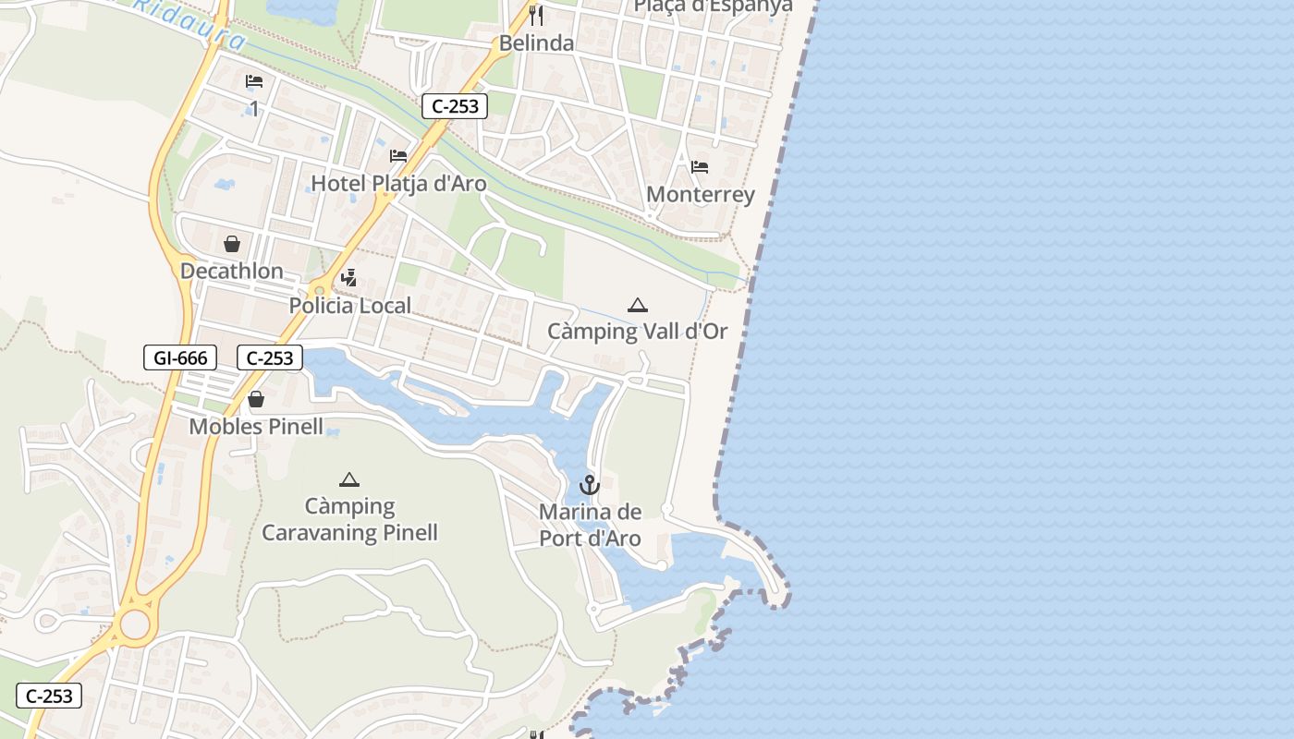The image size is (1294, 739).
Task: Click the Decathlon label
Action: (x=232, y=271)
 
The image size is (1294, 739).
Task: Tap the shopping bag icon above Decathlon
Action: (x=232, y=244)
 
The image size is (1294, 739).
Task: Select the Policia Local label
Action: (x=349, y=306)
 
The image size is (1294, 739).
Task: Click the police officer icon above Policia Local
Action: (x=349, y=277)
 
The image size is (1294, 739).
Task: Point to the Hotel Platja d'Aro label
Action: (x=398, y=183)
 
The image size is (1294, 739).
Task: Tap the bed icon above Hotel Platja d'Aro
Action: (x=398, y=155)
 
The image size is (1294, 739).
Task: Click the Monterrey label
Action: (x=701, y=194)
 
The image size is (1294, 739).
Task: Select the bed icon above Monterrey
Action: (x=700, y=167)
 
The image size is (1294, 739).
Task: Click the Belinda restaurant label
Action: (x=536, y=42)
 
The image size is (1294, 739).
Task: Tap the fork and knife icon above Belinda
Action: (x=535, y=16)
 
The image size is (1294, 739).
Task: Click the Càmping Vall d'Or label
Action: (x=638, y=331)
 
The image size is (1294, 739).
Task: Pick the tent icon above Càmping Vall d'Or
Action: (x=637, y=305)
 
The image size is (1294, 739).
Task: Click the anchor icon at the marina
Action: (x=590, y=484)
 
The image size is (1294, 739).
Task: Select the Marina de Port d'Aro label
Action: (x=590, y=525)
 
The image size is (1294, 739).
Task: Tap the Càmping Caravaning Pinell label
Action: (x=349, y=519)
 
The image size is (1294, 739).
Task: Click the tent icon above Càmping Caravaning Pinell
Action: (x=348, y=479)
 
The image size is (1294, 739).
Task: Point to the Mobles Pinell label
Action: (x=256, y=426)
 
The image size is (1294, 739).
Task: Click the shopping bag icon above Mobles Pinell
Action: (x=256, y=399)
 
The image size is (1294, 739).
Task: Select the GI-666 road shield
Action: (x=180, y=357)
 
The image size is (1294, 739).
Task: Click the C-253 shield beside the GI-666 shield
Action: (x=270, y=357)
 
